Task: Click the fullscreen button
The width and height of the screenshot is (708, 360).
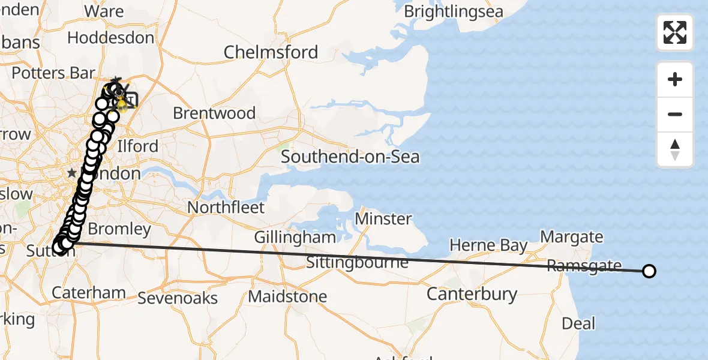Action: [675, 32]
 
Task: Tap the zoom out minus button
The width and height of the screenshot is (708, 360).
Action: [675, 114]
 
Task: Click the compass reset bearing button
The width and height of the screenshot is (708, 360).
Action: [675, 149]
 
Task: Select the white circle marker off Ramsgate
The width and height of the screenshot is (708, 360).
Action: [649, 271]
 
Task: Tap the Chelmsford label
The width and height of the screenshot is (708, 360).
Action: [271, 52]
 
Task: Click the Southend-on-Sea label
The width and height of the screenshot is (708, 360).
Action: [350, 157]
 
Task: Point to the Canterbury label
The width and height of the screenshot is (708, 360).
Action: [472, 294]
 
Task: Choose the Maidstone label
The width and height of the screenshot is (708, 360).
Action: [287, 296]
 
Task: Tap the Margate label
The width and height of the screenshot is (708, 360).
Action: [572, 237]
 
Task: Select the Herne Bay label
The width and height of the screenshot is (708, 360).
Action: [488, 245]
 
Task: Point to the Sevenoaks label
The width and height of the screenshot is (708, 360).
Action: [178, 298]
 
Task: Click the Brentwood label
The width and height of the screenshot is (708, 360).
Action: [214, 113]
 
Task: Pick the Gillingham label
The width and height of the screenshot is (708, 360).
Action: [295, 238]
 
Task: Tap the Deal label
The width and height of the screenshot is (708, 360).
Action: [578, 324]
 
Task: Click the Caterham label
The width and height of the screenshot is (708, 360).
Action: [89, 293]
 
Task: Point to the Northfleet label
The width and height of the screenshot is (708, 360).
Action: [226, 208]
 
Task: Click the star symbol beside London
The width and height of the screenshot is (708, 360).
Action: [72, 173]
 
